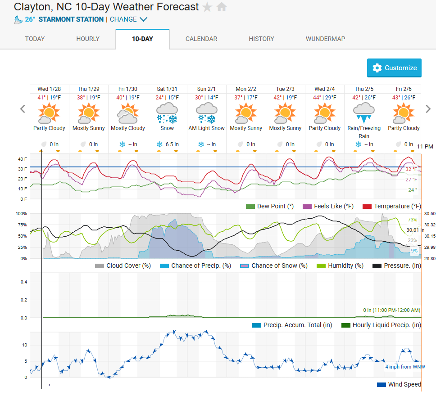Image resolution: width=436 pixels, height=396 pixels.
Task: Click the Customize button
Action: (394, 68)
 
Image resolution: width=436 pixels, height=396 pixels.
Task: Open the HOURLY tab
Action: (88, 39)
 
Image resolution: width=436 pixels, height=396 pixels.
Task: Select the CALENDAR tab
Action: (201, 39)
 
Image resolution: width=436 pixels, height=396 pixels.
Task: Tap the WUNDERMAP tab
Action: (325, 39)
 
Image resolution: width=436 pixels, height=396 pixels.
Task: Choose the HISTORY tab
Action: (261, 39)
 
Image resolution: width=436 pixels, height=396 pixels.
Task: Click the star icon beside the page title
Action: (207, 7)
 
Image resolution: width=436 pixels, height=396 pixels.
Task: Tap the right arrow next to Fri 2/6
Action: (428, 109)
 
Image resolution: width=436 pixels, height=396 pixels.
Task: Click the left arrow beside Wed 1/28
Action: (23, 109)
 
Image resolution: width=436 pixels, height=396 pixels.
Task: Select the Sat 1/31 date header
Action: (168, 89)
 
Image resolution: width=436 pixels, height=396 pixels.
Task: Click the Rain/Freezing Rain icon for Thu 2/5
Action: (364, 112)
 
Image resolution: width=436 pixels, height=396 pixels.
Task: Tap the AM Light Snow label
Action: (206, 128)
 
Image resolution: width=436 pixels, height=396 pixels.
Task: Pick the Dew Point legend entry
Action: (269, 206)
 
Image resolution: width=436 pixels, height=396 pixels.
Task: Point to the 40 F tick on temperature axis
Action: (23, 159)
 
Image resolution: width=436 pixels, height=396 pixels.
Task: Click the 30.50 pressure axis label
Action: (430, 214)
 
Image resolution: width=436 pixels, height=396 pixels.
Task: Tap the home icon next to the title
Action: (221, 7)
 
